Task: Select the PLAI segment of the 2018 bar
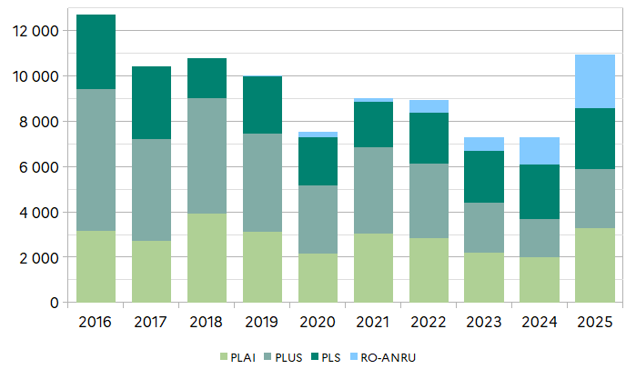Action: tap(207, 258)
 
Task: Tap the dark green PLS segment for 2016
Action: tap(96, 52)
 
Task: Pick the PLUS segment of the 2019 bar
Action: tap(262, 183)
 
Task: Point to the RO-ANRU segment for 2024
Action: tap(539, 151)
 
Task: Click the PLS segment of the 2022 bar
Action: tap(428, 138)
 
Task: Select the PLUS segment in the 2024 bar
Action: tap(539, 238)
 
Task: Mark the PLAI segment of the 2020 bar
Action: tap(318, 278)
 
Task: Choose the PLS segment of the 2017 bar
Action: tap(151, 103)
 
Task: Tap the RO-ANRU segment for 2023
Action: tap(483, 144)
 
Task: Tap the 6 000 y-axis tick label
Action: tap(39, 167)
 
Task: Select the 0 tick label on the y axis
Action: tap(55, 303)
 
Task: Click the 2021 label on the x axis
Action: tap(373, 323)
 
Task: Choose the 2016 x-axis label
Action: tap(96, 323)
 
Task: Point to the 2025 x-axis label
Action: tap(594, 323)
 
